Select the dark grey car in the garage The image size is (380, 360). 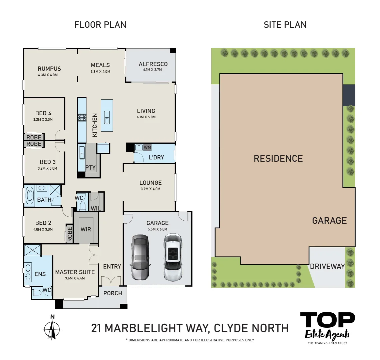click(140, 257)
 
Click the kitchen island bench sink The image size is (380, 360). click(107, 117)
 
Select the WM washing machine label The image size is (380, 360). click(147, 147)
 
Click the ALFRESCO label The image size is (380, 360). click(153, 64)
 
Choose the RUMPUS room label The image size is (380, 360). click(49, 69)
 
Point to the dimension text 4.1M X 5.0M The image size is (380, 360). click(146, 117)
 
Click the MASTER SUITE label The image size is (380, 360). click(75, 272)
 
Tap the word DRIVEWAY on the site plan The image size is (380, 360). click(327, 266)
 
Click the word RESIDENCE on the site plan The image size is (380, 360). click(278, 158)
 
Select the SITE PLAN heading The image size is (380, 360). click(285, 25)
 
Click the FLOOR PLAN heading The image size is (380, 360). click(100, 25)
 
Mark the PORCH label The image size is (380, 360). click(113, 293)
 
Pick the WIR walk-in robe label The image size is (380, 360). click(86, 229)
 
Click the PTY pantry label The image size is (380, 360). click(90, 168)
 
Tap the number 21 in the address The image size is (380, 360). click(96, 328)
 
